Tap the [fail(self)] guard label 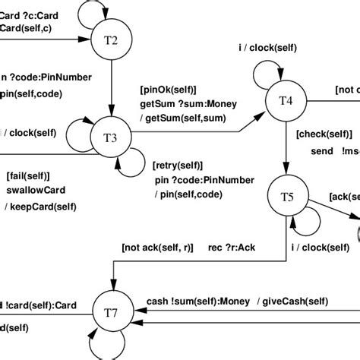tap(29, 176)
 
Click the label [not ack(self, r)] tap(157, 247)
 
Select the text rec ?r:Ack tap(231, 247)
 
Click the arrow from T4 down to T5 tap(284, 152)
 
